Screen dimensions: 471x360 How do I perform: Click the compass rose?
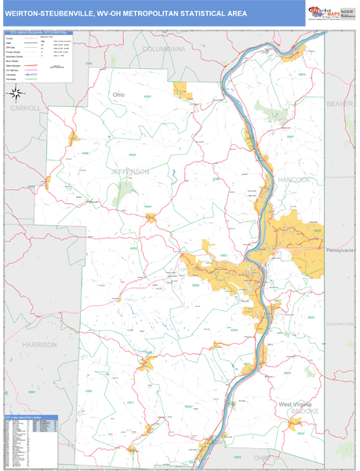coord(16,94)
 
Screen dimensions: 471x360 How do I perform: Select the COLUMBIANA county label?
coord(163,49)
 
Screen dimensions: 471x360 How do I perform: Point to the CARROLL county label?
coord(24,108)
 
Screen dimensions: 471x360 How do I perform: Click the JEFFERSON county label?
coord(129,171)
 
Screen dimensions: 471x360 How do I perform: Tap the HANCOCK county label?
coord(294,180)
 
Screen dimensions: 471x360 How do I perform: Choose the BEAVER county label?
coord(340,104)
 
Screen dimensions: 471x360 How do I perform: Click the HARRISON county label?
coord(39,345)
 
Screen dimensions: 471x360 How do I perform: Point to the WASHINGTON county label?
coord(340,323)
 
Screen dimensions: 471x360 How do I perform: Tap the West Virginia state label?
coord(296,404)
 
